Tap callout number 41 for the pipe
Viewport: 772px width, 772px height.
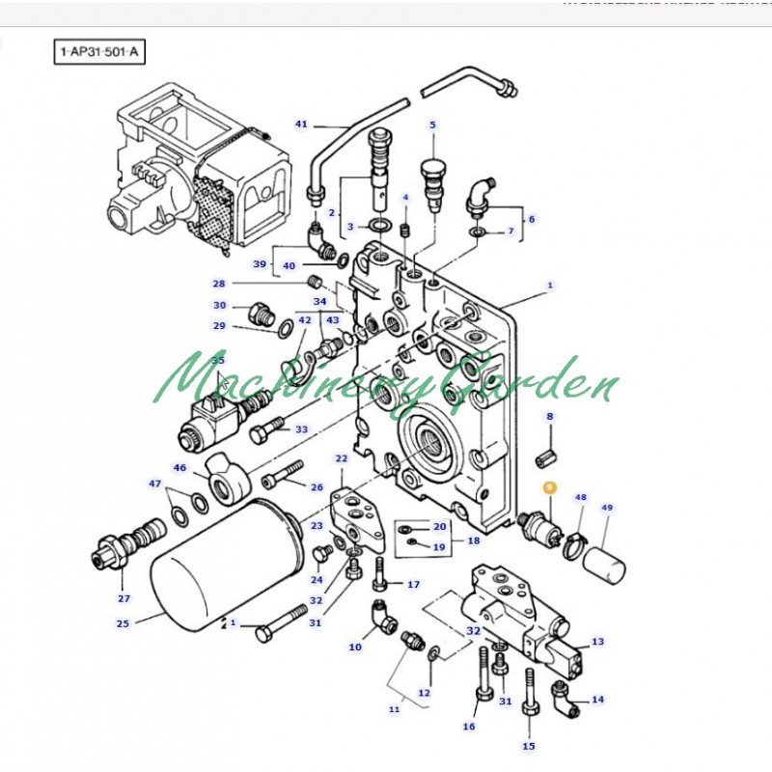[301, 124]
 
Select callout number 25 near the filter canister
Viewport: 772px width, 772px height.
[123, 623]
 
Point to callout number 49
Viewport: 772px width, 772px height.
[607, 508]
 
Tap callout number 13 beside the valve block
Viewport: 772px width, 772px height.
[598, 642]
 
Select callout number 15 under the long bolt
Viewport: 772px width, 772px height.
[529, 745]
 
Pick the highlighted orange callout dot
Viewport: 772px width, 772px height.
[549, 488]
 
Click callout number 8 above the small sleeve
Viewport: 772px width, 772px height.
[550, 417]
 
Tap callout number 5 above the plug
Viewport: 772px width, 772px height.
[432, 124]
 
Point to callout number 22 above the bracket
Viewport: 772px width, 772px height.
[342, 458]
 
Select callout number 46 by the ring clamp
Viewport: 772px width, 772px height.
[179, 468]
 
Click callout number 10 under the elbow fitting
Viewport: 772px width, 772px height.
[355, 647]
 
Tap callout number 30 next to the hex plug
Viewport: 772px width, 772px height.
[220, 305]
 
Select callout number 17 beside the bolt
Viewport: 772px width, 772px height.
[414, 585]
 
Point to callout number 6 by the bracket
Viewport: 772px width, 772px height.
[531, 219]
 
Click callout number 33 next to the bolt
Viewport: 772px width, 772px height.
[301, 429]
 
